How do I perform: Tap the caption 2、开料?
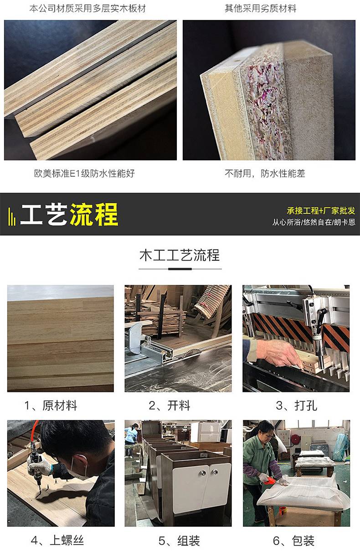[170, 406]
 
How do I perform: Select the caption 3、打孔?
[297, 406]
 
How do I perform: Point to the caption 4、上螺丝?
[57, 540]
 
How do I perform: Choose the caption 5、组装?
[179, 540]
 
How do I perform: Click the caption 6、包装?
[294, 540]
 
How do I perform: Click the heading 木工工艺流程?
[180, 255]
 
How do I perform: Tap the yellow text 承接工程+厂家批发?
[321, 211]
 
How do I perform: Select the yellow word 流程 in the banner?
[94, 214]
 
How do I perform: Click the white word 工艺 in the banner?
[44, 214]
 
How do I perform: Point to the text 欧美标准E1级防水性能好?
[84, 173]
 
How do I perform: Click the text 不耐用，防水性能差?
[265, 173]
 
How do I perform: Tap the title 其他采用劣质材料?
[260, 9]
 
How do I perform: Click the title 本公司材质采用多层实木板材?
[87, 9]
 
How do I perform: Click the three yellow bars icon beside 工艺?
[12, 216]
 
